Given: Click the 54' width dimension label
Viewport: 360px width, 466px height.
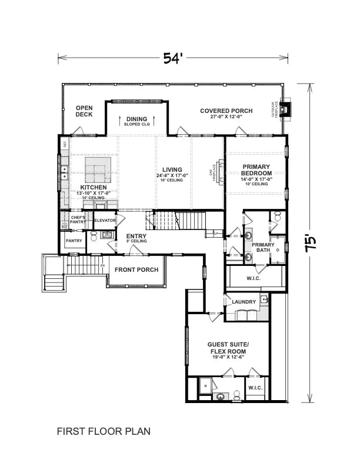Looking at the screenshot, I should [x=174, y=58].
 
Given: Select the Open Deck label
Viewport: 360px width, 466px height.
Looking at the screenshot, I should [x=84, y=111].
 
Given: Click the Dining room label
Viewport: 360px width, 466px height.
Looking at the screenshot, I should [x=136, y=119].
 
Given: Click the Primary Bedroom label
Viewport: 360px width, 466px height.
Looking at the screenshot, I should [x=256, y=171].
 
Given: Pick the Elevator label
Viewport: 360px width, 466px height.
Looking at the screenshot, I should [x=105, y=220].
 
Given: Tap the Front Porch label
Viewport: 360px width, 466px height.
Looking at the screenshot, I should [x=136, y=270].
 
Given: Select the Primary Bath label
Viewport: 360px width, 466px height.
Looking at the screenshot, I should [x=263, y=247].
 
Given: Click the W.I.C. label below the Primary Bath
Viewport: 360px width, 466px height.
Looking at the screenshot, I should [x=254, y=278].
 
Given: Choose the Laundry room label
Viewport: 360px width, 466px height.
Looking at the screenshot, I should [x=244, y=302].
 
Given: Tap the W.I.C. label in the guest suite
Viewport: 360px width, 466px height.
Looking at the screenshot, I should [x=255, y=388].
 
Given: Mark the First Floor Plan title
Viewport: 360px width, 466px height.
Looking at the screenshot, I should [x=104, y=431].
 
